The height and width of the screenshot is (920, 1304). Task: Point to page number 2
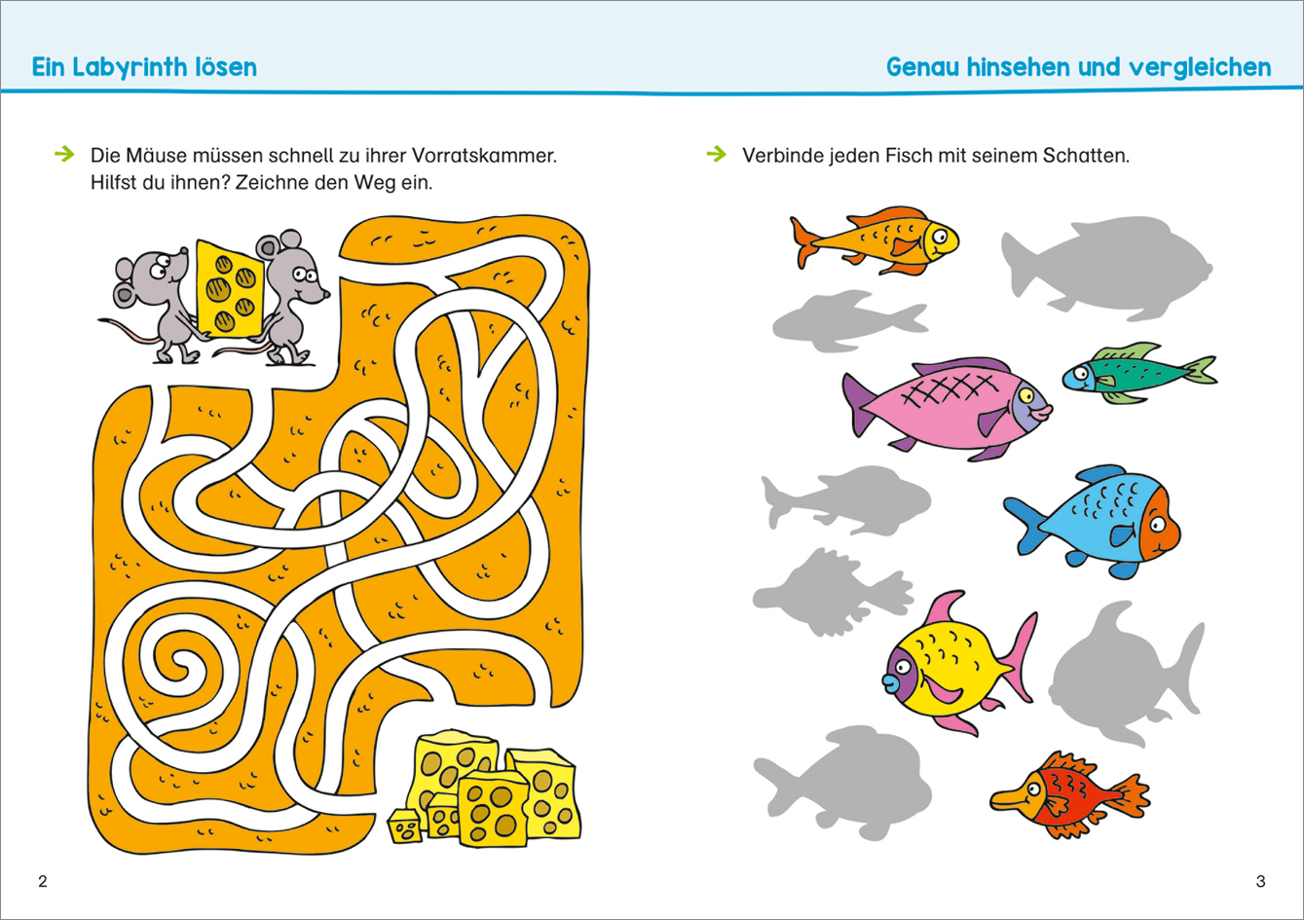43,882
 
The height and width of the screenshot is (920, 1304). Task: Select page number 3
1260,882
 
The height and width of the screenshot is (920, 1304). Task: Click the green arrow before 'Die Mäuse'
64,154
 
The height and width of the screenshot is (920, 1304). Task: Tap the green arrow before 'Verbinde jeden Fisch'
717,154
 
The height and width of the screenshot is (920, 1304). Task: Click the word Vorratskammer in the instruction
484,156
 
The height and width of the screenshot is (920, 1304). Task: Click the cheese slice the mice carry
230,289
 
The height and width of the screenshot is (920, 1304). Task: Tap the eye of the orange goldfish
939,237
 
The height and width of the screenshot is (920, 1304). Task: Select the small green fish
1139,374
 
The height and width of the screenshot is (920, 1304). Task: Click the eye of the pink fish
1025,396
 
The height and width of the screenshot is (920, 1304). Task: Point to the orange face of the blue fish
1159,524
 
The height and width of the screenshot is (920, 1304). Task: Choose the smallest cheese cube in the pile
404,827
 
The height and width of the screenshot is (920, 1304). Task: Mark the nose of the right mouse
326,294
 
